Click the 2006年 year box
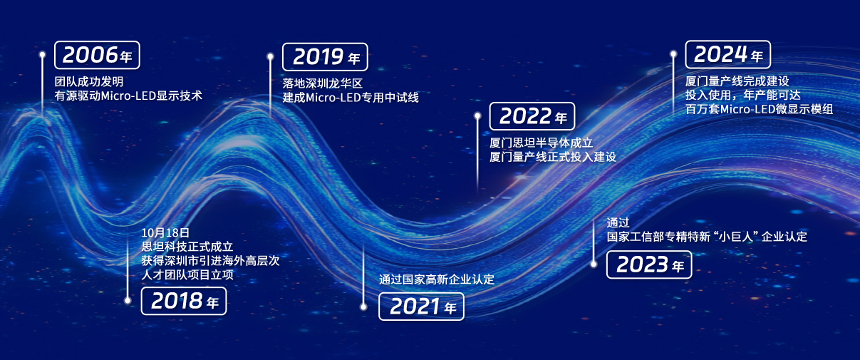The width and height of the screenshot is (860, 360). click(x=97, y=55)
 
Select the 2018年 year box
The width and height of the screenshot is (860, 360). click(x=184, y=301)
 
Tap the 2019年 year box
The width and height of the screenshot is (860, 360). click(x=325, y=57)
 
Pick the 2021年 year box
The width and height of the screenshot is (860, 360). click(x=421, y=307)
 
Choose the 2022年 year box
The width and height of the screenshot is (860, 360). click(x=532, y=116)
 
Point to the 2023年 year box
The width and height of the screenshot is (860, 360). click(x=649, y=264)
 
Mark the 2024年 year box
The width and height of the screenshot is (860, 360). click(x=728, y=55)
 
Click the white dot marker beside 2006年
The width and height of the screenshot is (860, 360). click(x=43, y=55)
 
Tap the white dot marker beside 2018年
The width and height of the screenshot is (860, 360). click(x=128, y=300)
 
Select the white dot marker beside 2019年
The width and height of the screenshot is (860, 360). click(x=271, y=57)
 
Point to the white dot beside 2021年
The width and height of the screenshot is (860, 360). click(x=363, y=307)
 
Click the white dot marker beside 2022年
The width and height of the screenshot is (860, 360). click(x=477, y=115)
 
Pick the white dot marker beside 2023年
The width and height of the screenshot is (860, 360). click(x=594, y=264)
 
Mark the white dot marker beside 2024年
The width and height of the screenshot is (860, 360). click(x=673, y=54)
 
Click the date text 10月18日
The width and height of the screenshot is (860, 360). click(x=165, y=233)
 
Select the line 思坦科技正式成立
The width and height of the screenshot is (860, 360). click(x=187, y=247)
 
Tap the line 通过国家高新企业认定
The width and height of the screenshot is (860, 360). click(x=437, y=279)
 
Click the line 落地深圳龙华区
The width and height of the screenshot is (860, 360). click(x=323, y=83)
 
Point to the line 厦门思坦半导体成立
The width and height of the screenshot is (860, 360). click(x=542, y=143)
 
